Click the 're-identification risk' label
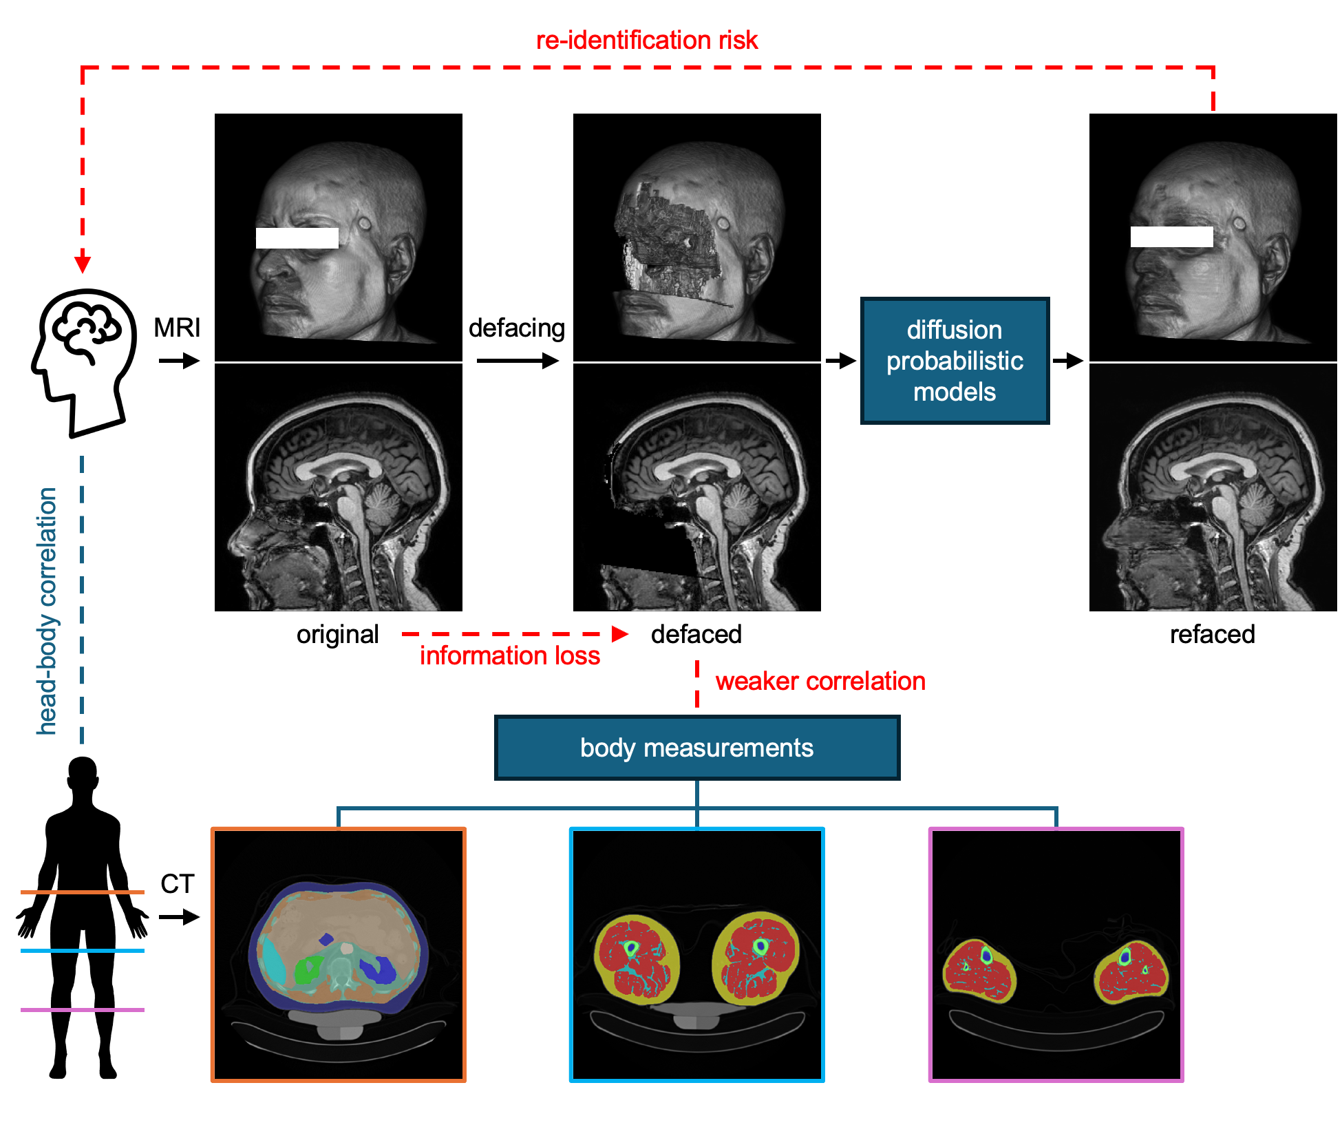(x=646, y=40)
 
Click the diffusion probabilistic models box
(x=954, y=361)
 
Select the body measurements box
(x=696, y=748)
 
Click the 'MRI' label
(x=177, y=328)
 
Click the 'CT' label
(x=177, y=883)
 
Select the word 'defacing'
(x=516, y=328)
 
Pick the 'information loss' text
(x=509, y=655)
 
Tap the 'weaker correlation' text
(x=820, y=681)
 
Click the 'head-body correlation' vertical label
(x=47, y=611)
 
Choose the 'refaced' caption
(x=1212, y=634)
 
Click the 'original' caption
(x=337, y=634)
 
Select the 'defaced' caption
(x=696, y=634)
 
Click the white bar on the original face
(x=297, y=238)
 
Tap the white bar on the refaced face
(x=1171, y=237)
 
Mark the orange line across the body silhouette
(x=83, y=892)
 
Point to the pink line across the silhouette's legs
(x=83, y=1009)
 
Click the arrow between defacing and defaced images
(x=518, y=360)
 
